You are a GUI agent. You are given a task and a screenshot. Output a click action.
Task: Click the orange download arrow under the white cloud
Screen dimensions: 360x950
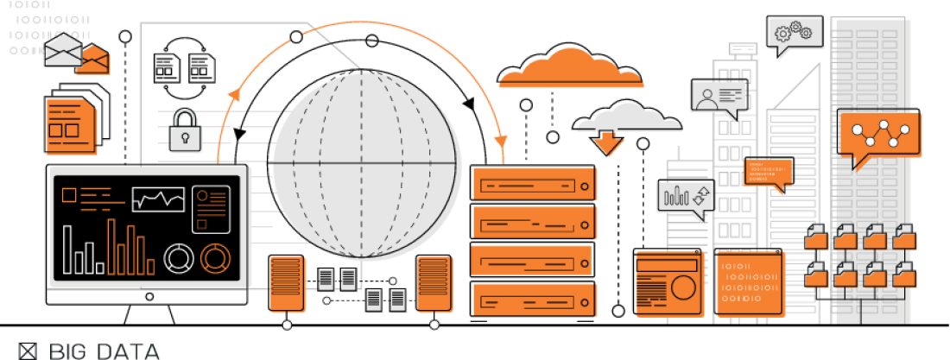607,141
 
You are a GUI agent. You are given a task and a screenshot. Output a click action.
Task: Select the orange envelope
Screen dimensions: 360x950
94,59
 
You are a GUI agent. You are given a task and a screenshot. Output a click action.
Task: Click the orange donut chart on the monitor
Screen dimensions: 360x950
213,256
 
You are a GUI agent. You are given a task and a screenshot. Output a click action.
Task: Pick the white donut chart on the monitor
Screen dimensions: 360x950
179,256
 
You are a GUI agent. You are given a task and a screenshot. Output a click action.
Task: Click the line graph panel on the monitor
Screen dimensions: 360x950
158,199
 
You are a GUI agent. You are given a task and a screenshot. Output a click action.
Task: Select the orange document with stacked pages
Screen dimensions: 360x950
69,123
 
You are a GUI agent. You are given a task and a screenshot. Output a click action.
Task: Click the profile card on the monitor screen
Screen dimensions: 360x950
210,209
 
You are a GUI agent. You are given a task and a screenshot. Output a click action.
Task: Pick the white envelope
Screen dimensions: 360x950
62,49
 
